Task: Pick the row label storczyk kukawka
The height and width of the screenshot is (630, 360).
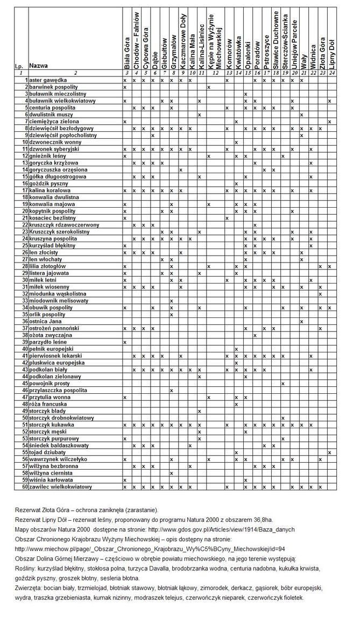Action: tap(52, 424)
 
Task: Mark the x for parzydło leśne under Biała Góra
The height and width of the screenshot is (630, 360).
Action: tap(125, 342)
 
